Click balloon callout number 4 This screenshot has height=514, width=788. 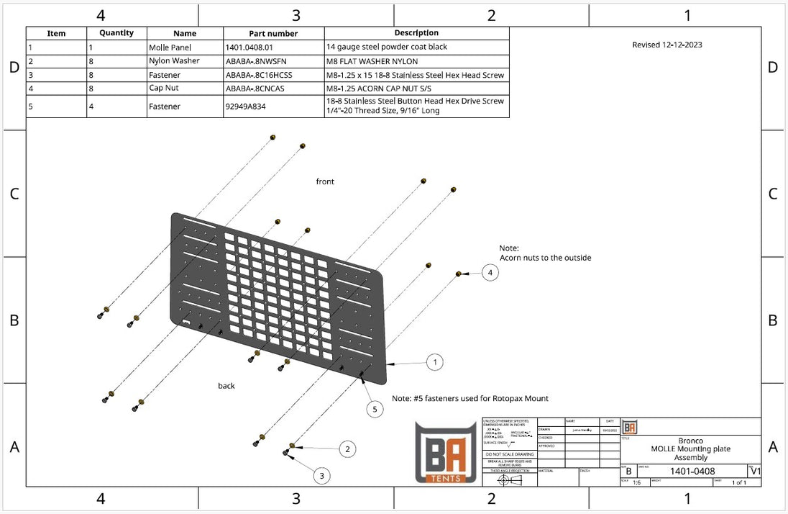tap(490, 273)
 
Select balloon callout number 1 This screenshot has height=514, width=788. tap(434, 362)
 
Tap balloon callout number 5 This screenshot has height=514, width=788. tap(374, 409)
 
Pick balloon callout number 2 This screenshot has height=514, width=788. tap(347, 449)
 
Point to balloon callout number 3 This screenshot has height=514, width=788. tap(321, 475)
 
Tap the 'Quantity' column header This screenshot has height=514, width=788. tap(116, 33)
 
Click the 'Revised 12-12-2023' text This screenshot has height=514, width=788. tap(667, 45)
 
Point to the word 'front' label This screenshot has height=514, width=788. tap(325, 181)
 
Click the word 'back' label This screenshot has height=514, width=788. tap(226, 386)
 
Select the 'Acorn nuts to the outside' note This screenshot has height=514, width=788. tap(545, 257)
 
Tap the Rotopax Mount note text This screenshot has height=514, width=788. tap(469, 398)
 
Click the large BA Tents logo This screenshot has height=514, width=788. tap(446, 451)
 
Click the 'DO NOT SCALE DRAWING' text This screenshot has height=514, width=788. tap(509, 454)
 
